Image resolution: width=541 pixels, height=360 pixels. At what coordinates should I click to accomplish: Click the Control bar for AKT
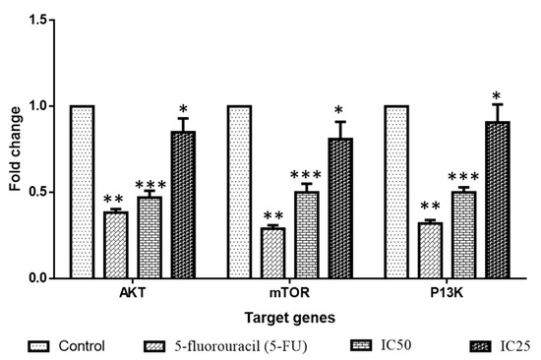click(x=82, y=192)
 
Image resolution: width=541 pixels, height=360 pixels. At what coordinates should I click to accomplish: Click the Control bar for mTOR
click(x=239, y=192)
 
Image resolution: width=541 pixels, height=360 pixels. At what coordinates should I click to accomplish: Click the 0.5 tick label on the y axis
click(x=43, y=192)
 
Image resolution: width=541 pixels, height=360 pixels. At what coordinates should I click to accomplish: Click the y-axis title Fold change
click(x=14, y=149)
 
